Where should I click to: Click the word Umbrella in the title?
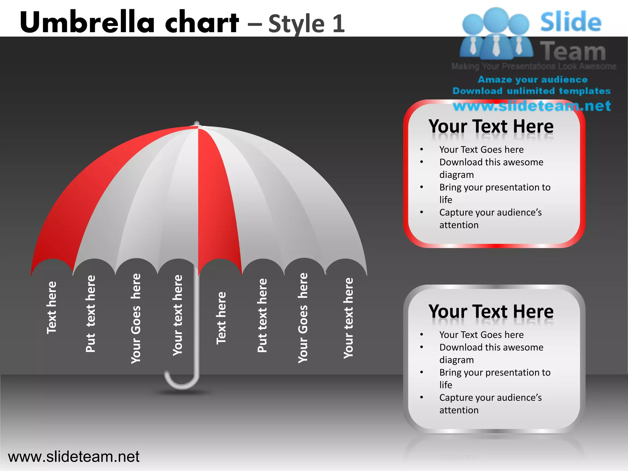(87, 22)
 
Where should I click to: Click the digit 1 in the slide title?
(338, 24)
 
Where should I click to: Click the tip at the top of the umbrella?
(197, 124)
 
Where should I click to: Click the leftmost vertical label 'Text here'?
(52, 308)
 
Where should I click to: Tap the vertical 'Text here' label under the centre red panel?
(221, 318)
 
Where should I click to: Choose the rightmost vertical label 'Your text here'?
(348, 318)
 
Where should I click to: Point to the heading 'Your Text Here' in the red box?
(491, 127)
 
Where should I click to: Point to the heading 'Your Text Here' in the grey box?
(491, 312)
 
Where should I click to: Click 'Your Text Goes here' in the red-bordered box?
(481, 150)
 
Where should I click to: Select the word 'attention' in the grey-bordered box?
(459, 410)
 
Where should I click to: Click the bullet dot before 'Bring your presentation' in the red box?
(422, 187)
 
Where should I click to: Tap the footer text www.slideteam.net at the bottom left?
(74, 457)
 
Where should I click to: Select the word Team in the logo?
(573, 51)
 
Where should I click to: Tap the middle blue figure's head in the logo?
(496, 19)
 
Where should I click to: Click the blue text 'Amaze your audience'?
(533, 80)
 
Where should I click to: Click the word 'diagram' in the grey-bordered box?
(457, 360)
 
